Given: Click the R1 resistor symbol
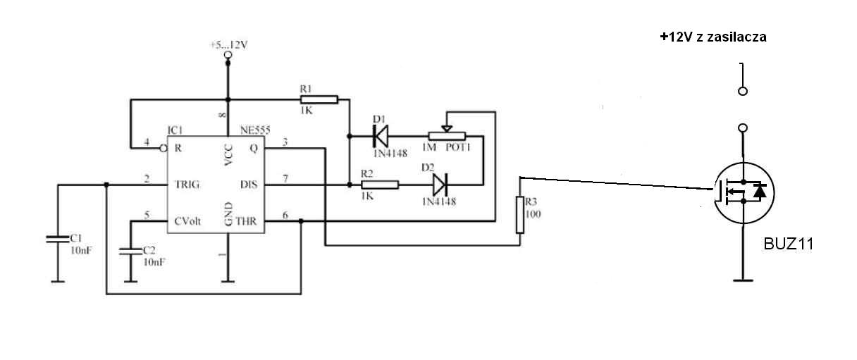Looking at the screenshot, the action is pyautogui.click(x=319, y=100).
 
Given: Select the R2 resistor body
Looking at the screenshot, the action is pyautogui.click(x=380, y=185).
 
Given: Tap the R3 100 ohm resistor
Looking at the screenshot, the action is pyautogui.click(x=519, y=215).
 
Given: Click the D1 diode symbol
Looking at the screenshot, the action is pyautogui.click(x=381, y=136).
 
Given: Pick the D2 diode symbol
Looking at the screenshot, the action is pyautogui.click(x=440, y=185).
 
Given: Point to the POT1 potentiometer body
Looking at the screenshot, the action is pyautogui.click(x=447, y=136).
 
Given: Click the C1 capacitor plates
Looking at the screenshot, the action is pyautogui.click(x=58, y=240).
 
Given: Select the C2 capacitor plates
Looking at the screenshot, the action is pyautogui.click(x=130, y=252).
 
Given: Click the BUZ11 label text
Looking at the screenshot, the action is pyautogui.click(x=789, y=244).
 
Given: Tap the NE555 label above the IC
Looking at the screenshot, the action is pyautogui.click(x=255, y=130).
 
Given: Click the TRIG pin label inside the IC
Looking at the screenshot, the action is pyautogui.click(x=187, y=185).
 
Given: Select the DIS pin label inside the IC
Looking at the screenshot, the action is pyautogui.click(x=249, y=185).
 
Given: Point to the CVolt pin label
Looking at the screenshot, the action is pyautogui.click(x=187, y=221).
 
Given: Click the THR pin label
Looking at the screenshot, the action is pyautogui.click(x=246, y=221).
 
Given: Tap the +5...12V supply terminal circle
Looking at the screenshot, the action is pyautogui.click(x=228, y=55).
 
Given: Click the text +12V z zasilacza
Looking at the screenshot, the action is pyautogui.click(x=713, y=37).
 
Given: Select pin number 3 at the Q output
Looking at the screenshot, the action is pyautogui.click(x=285, y=142).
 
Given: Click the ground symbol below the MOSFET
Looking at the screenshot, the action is pyautogui.click(x=743, y=281).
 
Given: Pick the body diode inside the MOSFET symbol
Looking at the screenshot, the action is pyautogui.click(x=760, y=192).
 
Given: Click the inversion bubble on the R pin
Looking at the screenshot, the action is pyautogui.click(x=164, y=148).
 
